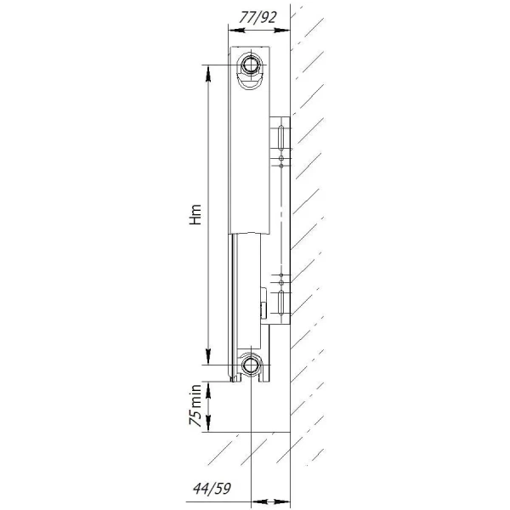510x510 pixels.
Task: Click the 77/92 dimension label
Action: [x=258, y=18]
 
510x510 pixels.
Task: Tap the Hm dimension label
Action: [x=195, y=215]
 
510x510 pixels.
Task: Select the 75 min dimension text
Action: [x=195, y=405]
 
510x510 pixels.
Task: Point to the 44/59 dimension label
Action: [x=212, y=488]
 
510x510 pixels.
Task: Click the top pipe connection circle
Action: [x=250, y=65]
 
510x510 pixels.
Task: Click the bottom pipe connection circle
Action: [x=250, y=365]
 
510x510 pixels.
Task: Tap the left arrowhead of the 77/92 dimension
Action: [x=237, y=31]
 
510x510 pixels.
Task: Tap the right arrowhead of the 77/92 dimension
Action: [x=282, y=31]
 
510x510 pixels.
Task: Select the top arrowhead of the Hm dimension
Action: [x=208, y=74]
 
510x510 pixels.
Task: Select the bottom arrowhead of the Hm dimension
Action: [x=208, y=356]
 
